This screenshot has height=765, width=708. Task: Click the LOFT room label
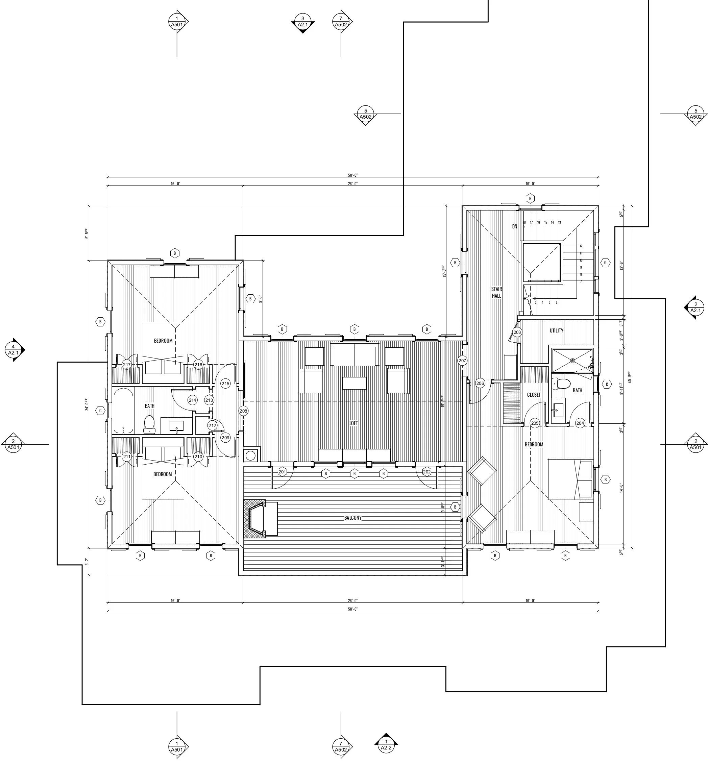pos(353,423)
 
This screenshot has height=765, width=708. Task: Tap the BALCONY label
pos(352,518)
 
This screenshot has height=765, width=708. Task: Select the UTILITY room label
pos(556,330)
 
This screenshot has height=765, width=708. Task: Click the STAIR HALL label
pos(496,292)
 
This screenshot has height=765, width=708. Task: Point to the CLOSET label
pos(534,395)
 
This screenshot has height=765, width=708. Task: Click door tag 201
pos(282,472)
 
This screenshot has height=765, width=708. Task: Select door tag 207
pos(462,361)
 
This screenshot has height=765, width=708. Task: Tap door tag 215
pos(225,384)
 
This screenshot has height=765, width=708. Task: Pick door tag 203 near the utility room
pos(517,332)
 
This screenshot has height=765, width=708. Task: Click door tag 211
pos(127,456)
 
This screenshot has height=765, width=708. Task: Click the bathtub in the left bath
pos(123,411)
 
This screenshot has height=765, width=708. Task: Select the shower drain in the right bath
pos(572,361)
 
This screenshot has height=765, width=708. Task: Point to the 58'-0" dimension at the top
pos(352,175)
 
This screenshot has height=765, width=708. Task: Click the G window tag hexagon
pos(605,263)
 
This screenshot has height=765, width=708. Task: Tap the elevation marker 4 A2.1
pos(14,350)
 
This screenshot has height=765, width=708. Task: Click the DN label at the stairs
pos(515,226)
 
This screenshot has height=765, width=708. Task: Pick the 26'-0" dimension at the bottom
pos(352,601)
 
